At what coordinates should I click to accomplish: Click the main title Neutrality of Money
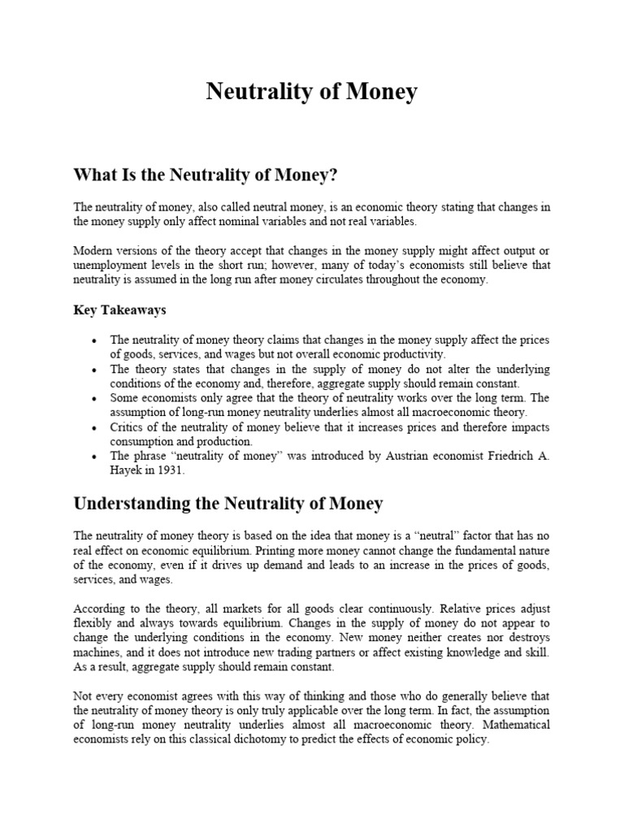point(311,92)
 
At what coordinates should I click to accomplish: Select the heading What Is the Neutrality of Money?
point(206,175)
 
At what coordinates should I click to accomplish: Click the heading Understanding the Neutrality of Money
point(227,504)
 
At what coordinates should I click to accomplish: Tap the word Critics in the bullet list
point(128,427)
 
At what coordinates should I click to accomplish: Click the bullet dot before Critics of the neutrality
point(96,427)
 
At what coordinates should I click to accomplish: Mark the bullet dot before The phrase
point(96,456)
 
